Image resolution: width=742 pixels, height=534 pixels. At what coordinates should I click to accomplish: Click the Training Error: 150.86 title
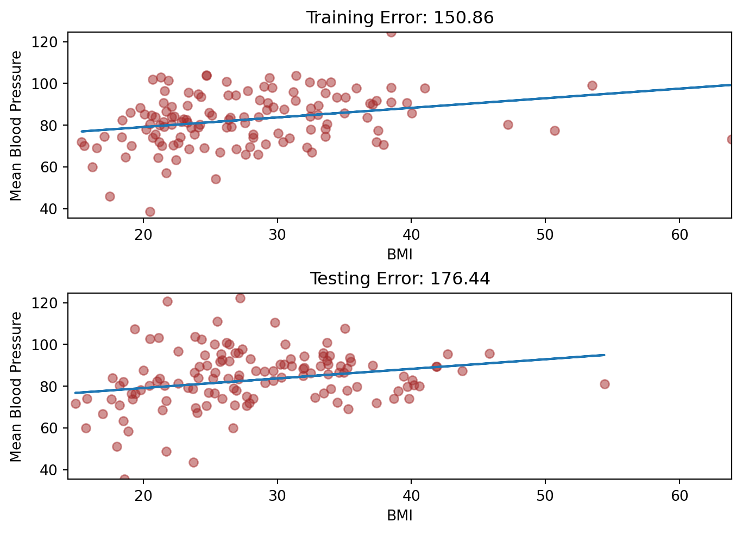point(400,18)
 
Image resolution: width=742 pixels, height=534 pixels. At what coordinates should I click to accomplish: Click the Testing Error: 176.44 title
point(400,279)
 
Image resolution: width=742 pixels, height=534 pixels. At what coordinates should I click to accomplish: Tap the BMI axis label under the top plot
point(400,254)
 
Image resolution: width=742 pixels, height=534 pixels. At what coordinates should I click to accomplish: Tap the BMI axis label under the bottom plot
point(400,515)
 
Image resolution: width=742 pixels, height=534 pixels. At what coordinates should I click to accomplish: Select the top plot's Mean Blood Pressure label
point(16,126)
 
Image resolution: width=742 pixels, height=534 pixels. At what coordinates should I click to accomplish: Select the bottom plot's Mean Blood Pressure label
point(16,387)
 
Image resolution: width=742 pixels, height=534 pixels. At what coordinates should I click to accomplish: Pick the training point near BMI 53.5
point(592,85)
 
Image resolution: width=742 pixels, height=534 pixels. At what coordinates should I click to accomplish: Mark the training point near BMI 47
point(508,125)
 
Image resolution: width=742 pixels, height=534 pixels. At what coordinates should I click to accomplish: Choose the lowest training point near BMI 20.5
point(150,212)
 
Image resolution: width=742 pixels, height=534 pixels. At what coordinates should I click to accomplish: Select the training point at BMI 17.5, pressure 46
point(110,196)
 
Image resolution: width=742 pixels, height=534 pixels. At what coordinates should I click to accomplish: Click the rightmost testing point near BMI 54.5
point(605,384)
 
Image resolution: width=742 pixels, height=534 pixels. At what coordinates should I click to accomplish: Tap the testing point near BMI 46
point(489,353)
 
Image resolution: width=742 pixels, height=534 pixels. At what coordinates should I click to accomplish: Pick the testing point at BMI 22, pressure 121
point(167,301)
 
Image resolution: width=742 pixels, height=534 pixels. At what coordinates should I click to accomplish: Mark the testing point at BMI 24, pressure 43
point(193,462)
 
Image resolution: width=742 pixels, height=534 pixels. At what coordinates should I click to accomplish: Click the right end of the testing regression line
point(605,355)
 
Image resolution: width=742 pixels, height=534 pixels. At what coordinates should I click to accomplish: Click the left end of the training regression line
point(81,131)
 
